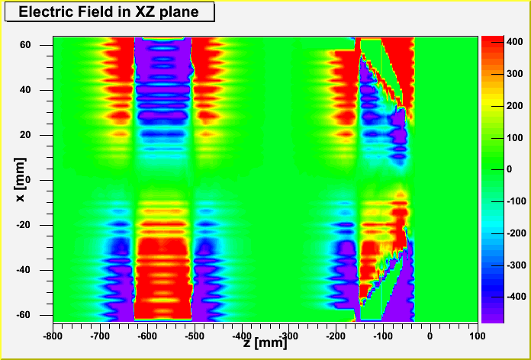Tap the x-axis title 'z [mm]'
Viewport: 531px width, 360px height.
click(x=266, y=343)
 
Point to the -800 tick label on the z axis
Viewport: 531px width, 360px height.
click(x=52, y=335)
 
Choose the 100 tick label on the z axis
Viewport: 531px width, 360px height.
click(x=478, y=335)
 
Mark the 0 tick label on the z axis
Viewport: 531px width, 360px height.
click(x=430, y=335)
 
